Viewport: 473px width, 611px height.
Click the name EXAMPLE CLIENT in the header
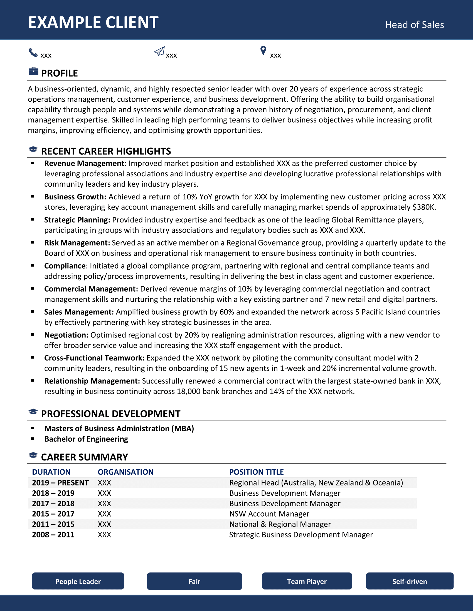pos(93,22)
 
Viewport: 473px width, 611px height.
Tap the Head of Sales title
pos(414,25)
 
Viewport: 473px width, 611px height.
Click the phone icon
pos(33,52)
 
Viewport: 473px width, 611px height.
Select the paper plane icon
pos(159,51)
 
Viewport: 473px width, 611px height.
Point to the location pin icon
pos(263,51)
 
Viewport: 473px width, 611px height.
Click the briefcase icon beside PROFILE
pos(33,71)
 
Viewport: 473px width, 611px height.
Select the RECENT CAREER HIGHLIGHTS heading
pos(106,151)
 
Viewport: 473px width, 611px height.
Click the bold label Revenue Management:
pos(85,163)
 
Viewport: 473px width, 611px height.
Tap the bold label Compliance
pos(65,266)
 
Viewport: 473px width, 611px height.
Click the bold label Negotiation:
pos(66,335)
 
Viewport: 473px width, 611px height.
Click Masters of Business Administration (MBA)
pos(119,429)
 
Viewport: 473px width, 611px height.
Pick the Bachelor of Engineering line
pos(86,439)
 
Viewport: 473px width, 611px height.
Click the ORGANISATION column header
pos(125,472)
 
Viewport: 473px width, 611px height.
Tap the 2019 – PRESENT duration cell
pos(60,483)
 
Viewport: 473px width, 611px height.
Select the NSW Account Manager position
pos(269,514)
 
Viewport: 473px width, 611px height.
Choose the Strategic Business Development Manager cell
pos(301,535)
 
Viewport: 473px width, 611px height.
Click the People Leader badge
pos(78,581)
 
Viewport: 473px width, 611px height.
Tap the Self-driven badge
pos(409,581)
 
